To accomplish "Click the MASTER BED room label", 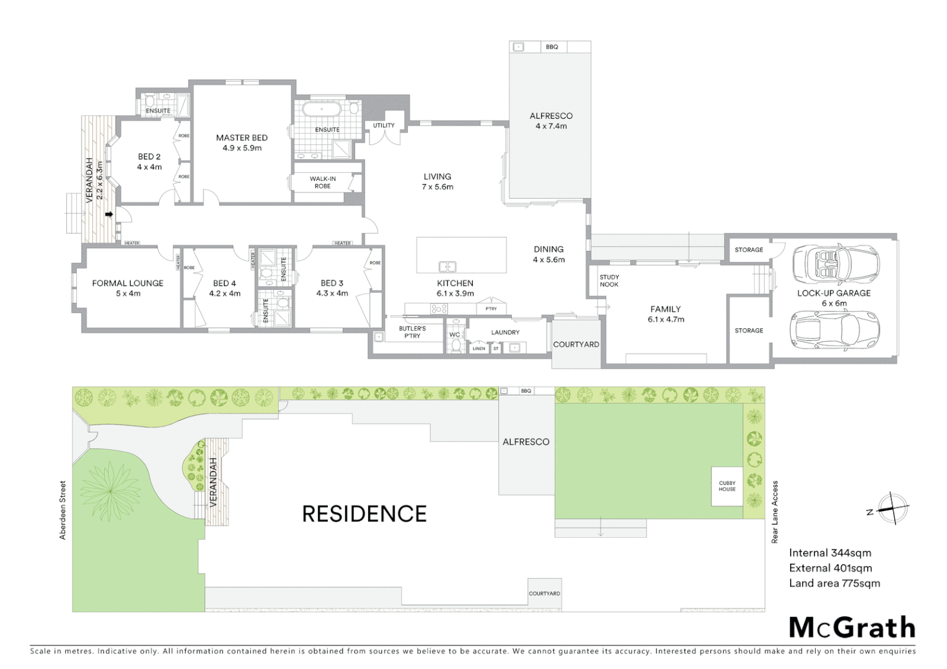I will tap(242, 142).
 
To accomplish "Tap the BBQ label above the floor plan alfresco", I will tap(552, 47).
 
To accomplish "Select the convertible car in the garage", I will tap(835, 263).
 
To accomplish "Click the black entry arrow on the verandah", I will tap(109, 215).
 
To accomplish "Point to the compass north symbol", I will tap(891, 509).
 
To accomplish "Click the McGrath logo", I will tap(852, 627).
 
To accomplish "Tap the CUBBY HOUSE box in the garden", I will tap(727, 486).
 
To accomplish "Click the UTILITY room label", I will tap(384, 126).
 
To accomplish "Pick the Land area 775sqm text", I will tap(834, 583).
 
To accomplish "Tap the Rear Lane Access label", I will tap(775, 512).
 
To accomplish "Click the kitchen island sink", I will tap(447, 267).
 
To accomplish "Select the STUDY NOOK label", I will tap(609, 281).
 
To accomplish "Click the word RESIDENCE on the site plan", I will tap(364, 514).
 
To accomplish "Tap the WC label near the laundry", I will tap(455, 334).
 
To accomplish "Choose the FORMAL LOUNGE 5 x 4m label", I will tap(128, 288).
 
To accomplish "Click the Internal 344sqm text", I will tap(830, 553).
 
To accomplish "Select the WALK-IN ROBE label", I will tap(322, 182).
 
